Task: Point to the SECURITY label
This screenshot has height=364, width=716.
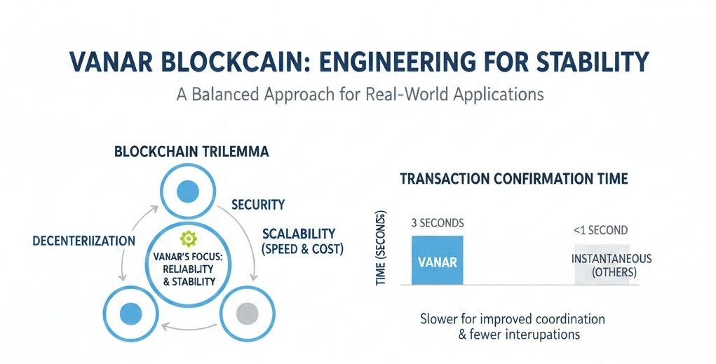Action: (257, 205)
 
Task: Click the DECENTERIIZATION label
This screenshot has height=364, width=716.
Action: (83, 241)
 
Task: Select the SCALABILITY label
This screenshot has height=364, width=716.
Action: (298, 234)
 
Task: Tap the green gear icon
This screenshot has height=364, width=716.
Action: (185, 238)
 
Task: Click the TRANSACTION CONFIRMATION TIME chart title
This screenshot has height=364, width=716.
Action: (513, 180)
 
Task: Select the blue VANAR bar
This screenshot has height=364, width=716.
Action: (437, 260)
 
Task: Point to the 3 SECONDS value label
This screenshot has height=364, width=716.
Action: (437, 223)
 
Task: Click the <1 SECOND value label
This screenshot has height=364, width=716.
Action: (600, 230)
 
